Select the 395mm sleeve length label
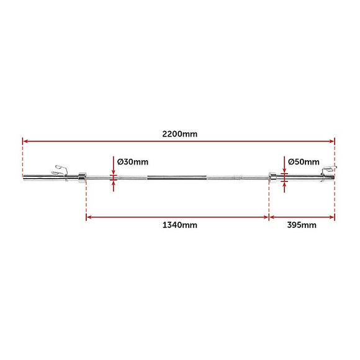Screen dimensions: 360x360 tap(302, 225)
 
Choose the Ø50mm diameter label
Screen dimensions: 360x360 tap(304, 162)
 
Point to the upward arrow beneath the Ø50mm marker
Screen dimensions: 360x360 tap(284, 186)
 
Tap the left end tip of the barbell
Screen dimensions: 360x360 tap(24, 179)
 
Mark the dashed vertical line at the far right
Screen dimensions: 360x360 tap(335, 199)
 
